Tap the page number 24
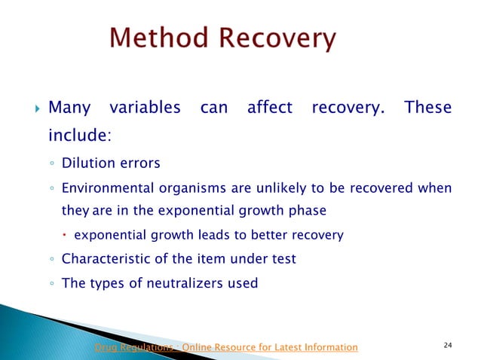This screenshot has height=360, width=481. [x=449, y=345]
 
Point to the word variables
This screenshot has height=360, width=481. [x=146, y=108]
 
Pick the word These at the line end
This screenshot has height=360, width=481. [x=428, y=108]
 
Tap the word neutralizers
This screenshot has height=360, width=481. [x=191, y=283]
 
